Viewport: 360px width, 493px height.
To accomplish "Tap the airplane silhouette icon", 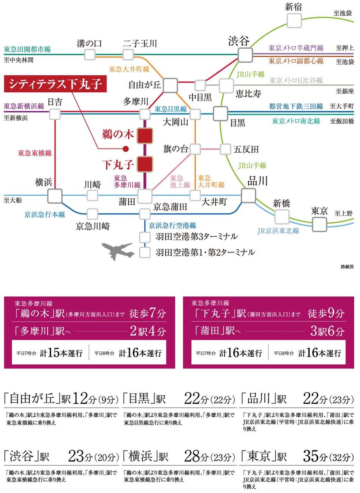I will point(118,251).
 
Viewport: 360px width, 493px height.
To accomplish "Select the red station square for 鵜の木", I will point(145,135).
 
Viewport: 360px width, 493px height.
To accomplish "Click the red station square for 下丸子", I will point(145,164).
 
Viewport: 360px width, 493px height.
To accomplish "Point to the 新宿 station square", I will point(294,21).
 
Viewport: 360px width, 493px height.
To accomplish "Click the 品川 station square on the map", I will point(249,195).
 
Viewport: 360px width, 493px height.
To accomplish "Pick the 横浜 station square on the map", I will point(55,196).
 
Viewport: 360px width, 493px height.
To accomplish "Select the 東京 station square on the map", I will point(320,224).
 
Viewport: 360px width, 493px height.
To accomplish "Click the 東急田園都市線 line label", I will point(27,49).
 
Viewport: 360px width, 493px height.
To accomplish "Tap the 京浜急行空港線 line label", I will point(172,226).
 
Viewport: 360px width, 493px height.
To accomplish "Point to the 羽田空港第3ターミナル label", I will point(197,237).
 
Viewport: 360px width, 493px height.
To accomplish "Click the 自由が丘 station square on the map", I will point(171,85).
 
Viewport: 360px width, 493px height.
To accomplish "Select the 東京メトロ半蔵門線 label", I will point(296,48).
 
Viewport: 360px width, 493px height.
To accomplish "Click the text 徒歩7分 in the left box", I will point(148,314).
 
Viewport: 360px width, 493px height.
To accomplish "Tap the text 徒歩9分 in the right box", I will point(326,314).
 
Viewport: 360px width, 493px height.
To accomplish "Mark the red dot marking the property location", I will point(126,149).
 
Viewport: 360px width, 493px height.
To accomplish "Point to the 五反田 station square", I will point(225,149).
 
